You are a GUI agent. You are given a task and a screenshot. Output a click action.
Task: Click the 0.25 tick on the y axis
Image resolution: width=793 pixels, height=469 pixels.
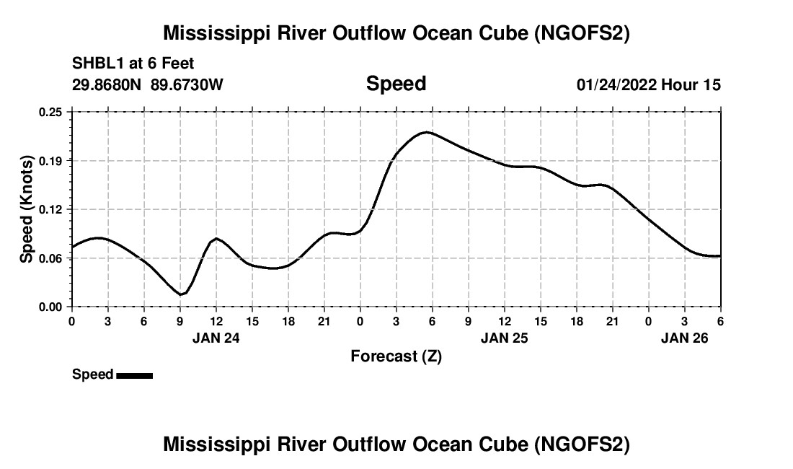coord(51,112)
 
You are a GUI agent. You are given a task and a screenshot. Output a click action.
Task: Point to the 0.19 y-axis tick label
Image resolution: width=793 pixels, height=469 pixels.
coord(51,160)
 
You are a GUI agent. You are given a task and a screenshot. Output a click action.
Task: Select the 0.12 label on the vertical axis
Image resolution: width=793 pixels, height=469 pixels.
coord(51,209)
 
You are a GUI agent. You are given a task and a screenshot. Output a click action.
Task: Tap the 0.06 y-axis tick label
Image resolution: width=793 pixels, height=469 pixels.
coord(51,258)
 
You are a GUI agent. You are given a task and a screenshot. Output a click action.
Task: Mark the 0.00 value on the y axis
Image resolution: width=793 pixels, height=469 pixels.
coord(51,307)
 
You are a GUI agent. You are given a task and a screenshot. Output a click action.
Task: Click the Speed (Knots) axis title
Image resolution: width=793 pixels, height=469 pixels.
coord(26,209)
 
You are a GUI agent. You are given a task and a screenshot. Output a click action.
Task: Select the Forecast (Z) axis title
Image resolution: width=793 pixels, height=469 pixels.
coord(396,356)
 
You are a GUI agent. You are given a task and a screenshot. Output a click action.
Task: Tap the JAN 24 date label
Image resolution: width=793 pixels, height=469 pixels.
coord(216,337)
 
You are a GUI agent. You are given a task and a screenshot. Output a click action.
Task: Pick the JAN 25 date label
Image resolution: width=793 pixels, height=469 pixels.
coord(505,337)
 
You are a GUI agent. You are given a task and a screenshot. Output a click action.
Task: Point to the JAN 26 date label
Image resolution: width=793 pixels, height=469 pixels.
coord(685,337)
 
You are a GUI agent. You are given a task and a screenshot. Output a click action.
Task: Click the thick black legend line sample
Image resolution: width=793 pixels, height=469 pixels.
coord(134,375)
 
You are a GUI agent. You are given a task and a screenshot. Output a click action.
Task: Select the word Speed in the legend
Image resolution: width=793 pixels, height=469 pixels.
coord(93,374)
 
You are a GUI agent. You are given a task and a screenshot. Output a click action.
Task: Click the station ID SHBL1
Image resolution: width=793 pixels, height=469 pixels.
coord(97,63)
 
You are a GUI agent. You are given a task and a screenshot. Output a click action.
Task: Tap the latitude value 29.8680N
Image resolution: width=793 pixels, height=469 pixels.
coord(107,84)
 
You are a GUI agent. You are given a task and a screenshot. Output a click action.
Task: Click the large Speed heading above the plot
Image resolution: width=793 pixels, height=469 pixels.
coord(396,84)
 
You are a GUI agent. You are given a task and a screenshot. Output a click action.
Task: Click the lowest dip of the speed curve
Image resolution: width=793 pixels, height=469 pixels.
coord(181,294)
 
